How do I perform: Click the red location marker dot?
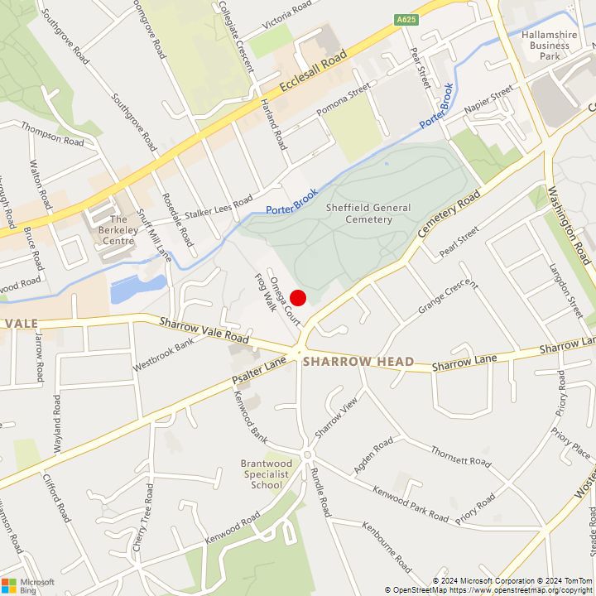tap(299, 299)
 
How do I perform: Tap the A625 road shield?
tap(406, 19)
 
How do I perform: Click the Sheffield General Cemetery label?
tap(358, 214)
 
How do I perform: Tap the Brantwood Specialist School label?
tap(266, 474)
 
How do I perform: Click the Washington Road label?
tap(572, 225)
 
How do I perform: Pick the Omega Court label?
tap(283, 300)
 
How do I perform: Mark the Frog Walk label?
tap(264, 292)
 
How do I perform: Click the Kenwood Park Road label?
tap(411, 503)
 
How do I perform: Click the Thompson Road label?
tap(52, 135)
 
